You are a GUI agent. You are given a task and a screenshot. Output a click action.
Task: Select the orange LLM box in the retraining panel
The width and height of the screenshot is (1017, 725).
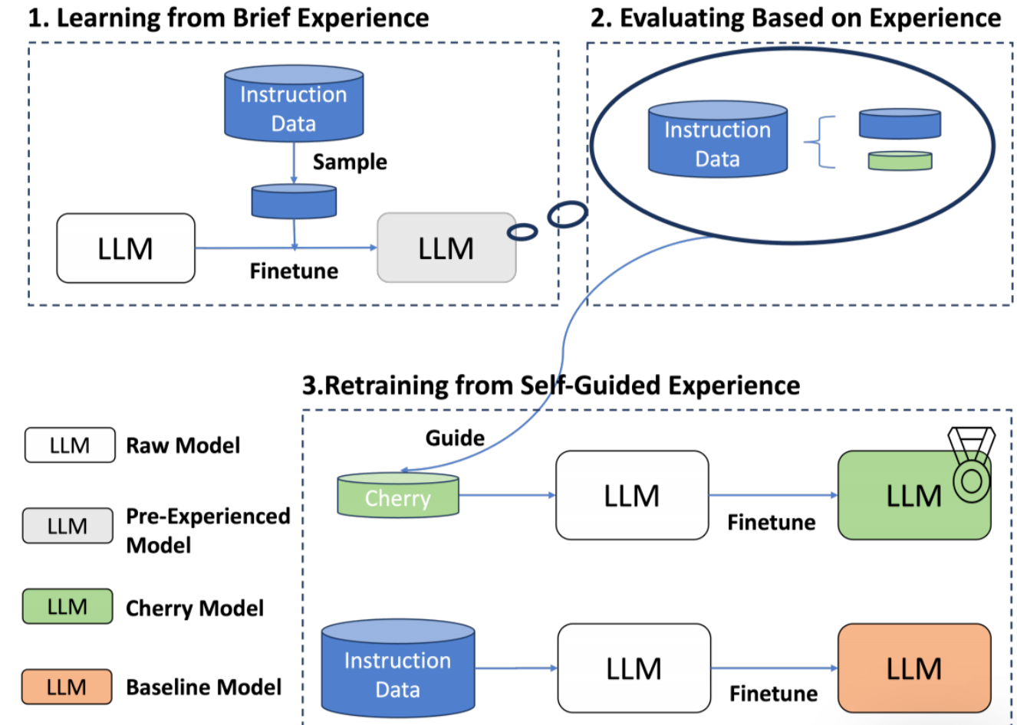tap(913, 668)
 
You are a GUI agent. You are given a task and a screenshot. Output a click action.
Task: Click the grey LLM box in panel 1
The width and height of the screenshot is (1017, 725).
tap(446, 248)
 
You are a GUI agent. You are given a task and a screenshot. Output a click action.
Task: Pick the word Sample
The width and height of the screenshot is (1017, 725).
tap(350, 162)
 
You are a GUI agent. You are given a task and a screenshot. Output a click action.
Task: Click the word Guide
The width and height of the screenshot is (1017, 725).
tap(455, 438)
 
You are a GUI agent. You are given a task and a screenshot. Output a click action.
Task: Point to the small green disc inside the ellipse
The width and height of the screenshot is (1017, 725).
tap(900, 161)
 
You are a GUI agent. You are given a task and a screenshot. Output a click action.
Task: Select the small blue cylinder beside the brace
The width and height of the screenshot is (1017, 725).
tap(900, 124)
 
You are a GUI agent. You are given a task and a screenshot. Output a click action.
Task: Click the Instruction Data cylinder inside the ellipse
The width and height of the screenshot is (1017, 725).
tap(718, 139)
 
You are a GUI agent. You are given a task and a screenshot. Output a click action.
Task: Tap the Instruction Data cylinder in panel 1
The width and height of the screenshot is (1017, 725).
tap(294, 104)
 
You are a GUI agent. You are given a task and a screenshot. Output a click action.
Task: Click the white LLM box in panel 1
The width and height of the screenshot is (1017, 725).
tap(126, 248)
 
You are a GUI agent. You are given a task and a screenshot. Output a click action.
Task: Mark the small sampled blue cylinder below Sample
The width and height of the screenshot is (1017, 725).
tap(294, 202)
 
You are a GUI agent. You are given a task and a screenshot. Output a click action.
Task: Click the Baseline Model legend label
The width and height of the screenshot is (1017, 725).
tap(203, 687)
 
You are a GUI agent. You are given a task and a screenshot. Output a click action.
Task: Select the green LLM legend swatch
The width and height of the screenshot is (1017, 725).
tap(67, 606)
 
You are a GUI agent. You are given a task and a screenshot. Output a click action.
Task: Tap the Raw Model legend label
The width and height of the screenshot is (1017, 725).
tap(183, 445)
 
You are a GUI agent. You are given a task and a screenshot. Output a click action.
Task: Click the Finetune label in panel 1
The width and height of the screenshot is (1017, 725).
tap(294, 271)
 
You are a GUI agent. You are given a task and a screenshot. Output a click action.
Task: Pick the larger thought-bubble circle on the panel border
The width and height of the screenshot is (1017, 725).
tap(568, 215)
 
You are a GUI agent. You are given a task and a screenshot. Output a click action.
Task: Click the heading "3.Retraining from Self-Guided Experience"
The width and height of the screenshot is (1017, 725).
tap(551, 385)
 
